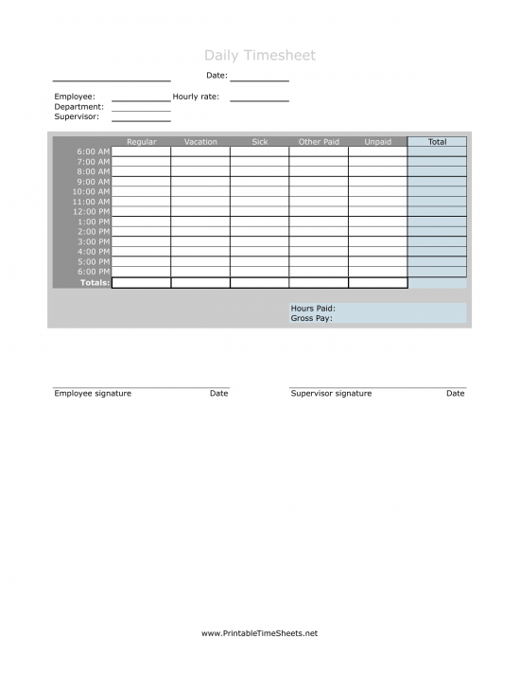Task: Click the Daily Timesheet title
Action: point(259,56)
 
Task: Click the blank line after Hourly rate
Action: point(259,98)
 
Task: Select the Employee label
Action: point(75,97)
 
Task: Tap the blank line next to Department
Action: point(141,109)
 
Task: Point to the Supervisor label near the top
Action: point(77,117)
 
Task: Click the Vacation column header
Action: point(200,142)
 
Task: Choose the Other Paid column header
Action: point(319,142)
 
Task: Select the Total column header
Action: point(437,142)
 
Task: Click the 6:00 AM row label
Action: point(94,151)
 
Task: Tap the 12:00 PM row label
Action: point(92,212)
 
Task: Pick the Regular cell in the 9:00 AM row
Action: point(141,182)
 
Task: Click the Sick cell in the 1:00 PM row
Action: point(259,222)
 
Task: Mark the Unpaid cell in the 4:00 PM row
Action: point(377,252)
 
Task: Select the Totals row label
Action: point(95,283)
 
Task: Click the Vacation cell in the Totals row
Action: point(200,283)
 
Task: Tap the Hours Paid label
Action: point(313,309)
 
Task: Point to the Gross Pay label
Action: point(311,319)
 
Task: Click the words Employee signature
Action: point(93,394)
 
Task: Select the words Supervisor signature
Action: point(331,394)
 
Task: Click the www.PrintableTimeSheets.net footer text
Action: point(259,633)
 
